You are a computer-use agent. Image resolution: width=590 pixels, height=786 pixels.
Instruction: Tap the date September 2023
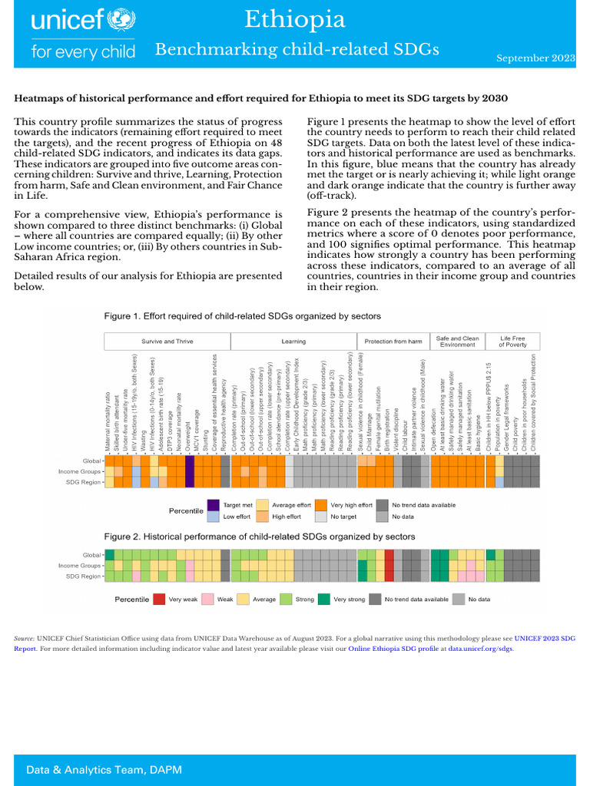(x=535, y=58)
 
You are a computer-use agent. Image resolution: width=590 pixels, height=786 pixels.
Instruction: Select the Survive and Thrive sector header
(x=167, y=342)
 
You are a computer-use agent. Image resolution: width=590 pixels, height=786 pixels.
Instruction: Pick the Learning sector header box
(x=293, y=342)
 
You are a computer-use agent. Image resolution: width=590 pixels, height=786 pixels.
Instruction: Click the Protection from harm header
(x=393, y=342)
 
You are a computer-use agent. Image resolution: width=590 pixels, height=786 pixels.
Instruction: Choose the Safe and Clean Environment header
(x=458, y=342)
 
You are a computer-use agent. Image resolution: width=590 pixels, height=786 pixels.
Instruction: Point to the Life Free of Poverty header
(x=513, y=342)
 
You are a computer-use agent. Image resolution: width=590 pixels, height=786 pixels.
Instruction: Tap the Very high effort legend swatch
(x=319, y=505)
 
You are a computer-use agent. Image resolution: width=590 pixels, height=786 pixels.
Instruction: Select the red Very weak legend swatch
(x=158, y=599)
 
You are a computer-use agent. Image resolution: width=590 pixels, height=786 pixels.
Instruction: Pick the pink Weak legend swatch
(x=207, y=599)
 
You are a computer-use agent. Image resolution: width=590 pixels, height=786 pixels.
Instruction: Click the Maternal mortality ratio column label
(x=108, y=421)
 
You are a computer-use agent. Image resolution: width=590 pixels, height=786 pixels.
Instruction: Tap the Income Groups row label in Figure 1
(x=81, y=471)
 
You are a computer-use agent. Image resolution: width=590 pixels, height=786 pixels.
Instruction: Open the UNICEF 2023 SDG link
(x=544, y=638)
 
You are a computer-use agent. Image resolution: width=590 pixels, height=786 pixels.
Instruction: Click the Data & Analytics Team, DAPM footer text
(x=104, y=769)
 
